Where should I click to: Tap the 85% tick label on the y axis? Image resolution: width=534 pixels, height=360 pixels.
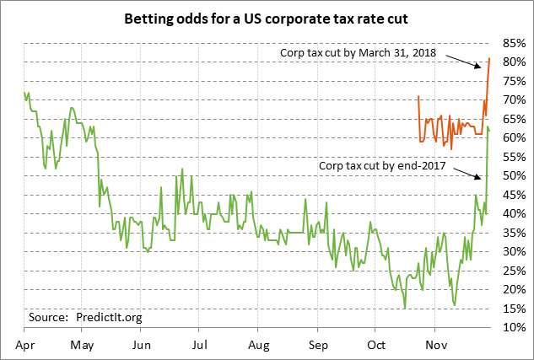pos(514,42)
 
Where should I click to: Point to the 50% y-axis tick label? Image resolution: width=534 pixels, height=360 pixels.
pos(514,175)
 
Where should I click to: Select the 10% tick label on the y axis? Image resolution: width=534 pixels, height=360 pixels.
pos(514,327)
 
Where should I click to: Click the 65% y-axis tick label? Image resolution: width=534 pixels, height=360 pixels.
pos(514,118)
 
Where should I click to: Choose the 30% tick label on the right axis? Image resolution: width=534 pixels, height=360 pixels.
pos(514,251)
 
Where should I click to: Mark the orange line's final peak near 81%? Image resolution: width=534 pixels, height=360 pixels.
pos(490,58)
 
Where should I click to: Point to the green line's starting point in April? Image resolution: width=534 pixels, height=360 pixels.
pos(24,94)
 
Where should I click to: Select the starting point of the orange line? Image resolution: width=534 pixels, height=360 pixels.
pos(418,96)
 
